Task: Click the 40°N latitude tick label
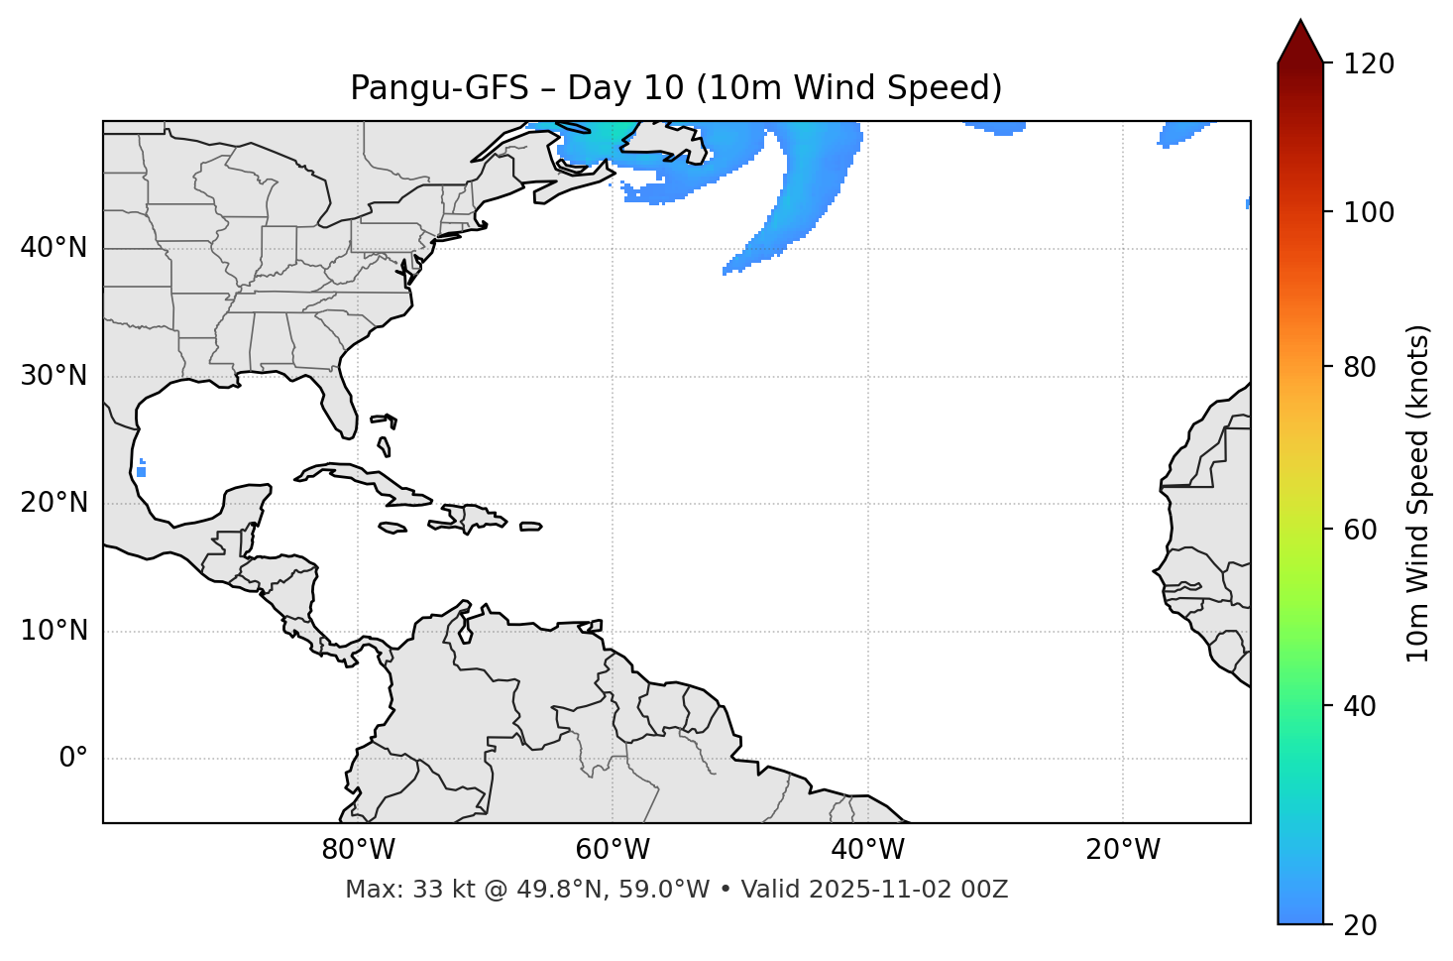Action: click(x=54, y=248)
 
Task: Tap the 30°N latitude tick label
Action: click(x=54, y=376)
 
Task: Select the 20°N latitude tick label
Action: click(x=54, y=503)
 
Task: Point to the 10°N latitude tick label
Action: click(x=54, y=631)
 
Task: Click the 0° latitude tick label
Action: click(x=72, y=759)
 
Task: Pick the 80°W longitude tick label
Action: click(x=358, y=850)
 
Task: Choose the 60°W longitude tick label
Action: click(x=613, y=850)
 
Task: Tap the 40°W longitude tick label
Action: click(x=867, y=850)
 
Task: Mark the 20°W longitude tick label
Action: click(x=1123, y=850)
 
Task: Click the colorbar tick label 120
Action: click(x=1369, y=63)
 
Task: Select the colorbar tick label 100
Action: click(x=1369, y=212)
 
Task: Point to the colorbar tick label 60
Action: click(x=1362, y=530)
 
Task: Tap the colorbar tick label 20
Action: click(x=1362, y=925)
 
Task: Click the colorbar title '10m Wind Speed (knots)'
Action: click(x=1418, y=493)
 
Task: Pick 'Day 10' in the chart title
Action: click(x=625, y=88)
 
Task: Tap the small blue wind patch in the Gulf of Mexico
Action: click(x=142, y=470)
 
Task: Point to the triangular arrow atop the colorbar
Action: click(x=1300, y=43)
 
